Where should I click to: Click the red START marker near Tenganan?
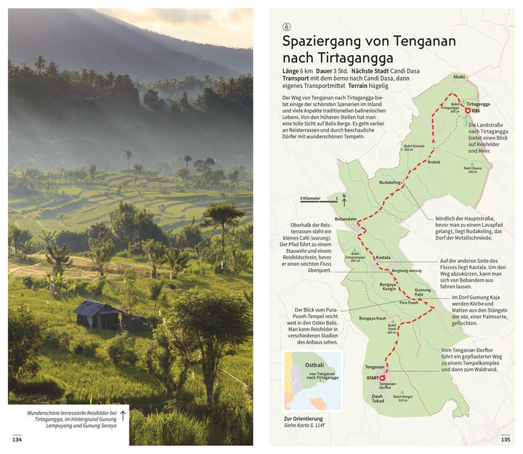coord(383,378)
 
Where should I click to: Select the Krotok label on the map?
coord(434,162)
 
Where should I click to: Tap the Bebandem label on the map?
coord(345,219)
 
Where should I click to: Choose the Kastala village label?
coord(383,258)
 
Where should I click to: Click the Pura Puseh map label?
coord(408,302)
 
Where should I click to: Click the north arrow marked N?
coord(344,196)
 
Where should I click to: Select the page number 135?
coord(506,439)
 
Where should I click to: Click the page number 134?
coord(17,439)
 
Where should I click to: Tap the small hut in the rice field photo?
coord(98,315)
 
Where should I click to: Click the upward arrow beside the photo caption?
coord(123,416)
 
